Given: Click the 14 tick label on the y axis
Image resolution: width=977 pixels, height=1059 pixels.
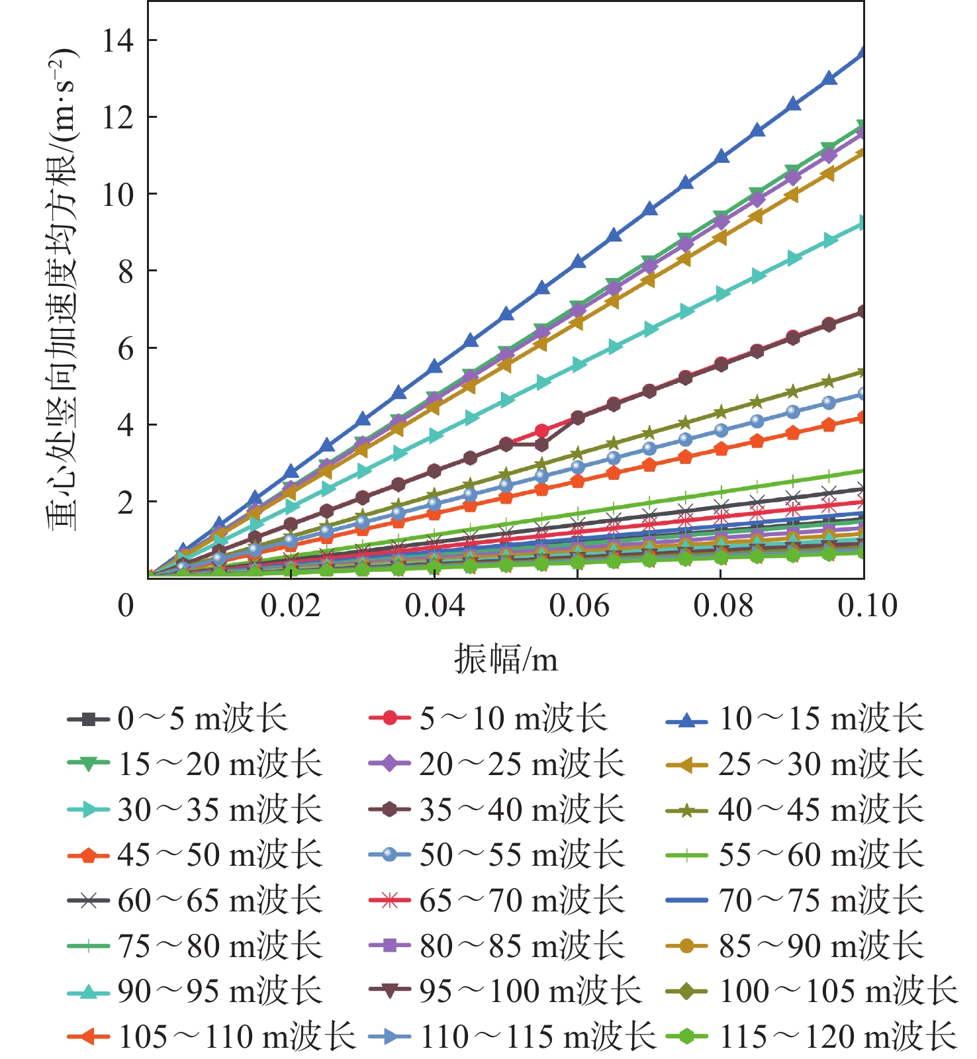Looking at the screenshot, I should coord(117,41).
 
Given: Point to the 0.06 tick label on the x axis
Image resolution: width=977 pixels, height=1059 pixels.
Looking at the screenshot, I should coord(579,606).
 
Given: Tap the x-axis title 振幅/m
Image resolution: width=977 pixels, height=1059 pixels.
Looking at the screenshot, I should coord(506,659).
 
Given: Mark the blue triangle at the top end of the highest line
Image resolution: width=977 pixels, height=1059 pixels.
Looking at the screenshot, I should coord(862,53).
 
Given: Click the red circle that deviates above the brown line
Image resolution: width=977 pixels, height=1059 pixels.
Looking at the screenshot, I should coord(542,431).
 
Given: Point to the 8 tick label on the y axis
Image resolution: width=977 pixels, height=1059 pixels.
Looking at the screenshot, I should coord(125,271).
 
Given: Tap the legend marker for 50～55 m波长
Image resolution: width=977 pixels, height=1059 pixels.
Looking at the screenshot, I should coord(390,855).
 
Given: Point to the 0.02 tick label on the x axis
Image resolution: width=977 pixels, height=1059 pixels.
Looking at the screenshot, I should coord(290,606).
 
